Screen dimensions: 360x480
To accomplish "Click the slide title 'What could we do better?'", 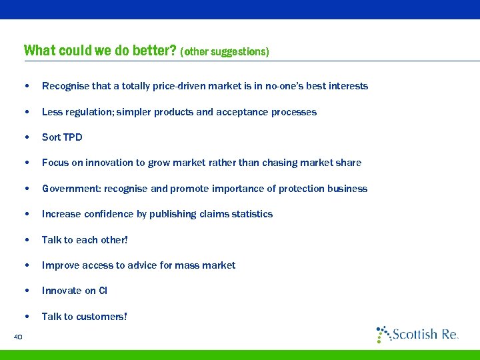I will (100, 51).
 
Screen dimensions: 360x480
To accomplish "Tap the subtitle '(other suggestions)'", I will (225, 51).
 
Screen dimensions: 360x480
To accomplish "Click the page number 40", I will (18, 337).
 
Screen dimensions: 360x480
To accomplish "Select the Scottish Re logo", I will (417, 333).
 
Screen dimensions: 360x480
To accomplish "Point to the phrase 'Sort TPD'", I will (62, 137).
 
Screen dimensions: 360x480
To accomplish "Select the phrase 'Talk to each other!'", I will (85, 239).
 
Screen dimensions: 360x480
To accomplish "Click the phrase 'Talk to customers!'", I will (84, 317).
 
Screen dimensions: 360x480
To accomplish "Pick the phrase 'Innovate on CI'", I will (74, 291).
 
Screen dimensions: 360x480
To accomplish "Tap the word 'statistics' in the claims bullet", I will (251, 214).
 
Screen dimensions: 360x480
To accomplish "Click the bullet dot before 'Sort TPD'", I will (25, 138).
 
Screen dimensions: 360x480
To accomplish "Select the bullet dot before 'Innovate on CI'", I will (25, 291).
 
